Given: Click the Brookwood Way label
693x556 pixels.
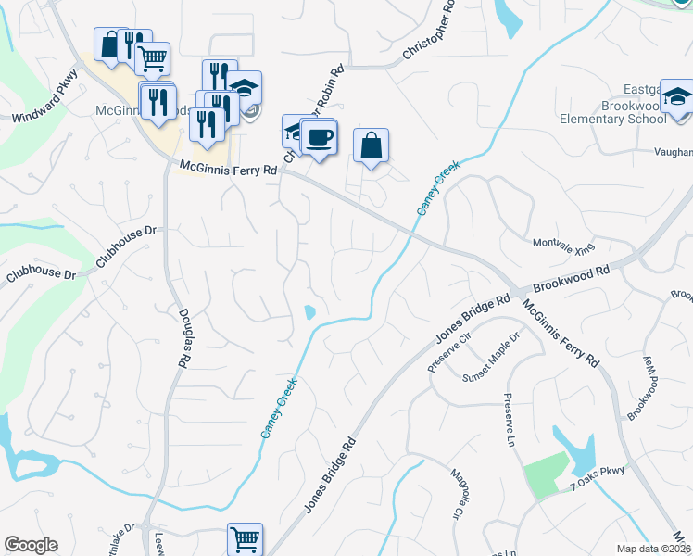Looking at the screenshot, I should pos(641,389).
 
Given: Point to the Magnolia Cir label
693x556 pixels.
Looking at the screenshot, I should pos(457,495).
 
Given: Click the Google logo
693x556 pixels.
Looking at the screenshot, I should pos(31,545).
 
